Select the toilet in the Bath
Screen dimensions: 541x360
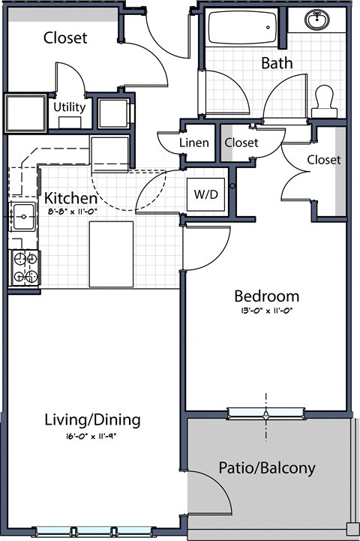324,99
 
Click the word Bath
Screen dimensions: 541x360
276,63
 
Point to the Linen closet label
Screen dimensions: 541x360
193,143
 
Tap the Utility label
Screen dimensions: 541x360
69,107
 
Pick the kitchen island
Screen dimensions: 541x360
111,254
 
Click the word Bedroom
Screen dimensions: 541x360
266,296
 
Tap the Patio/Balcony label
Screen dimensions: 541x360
266,468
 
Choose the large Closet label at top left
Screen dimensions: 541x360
64,37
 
